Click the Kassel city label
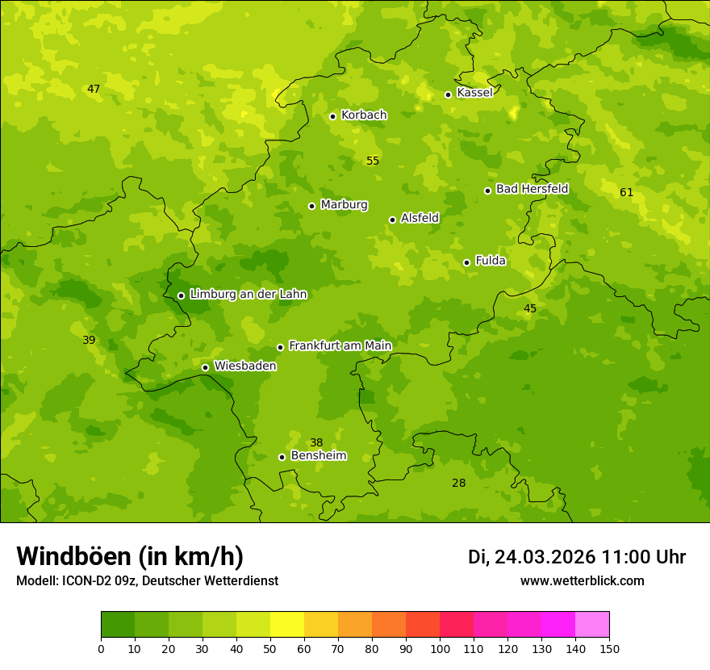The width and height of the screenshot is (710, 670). click(474, 93)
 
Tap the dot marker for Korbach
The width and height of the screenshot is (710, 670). click(332, 116)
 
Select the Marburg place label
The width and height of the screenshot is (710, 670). click(344, 205)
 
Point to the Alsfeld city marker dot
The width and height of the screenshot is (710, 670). click(392, 220)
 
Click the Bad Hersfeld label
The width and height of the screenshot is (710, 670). click(532, 189)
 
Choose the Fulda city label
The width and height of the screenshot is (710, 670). click(491, 261)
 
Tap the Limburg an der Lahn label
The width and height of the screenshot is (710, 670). click(248, 295)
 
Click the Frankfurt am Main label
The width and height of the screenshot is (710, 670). click(340, 346)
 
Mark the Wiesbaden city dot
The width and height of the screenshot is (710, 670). click(205, 367)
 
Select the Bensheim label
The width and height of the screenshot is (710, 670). click(318, 456)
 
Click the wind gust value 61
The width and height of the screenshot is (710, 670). click(626, 192)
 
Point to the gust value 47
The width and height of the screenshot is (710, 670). click(94, 89)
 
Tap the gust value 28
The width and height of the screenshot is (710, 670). click(458, 483)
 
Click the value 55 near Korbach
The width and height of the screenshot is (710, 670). click(372, 161)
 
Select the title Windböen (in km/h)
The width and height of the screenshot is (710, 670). click(130, 556)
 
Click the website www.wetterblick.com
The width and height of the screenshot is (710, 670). click(582, 581)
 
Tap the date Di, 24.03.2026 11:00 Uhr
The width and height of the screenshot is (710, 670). click(577, 557)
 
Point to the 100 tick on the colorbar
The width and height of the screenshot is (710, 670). click(440, 648)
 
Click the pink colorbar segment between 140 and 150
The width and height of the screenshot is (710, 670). click(592, 625)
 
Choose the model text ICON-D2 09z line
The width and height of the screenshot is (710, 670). click(147, 581)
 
